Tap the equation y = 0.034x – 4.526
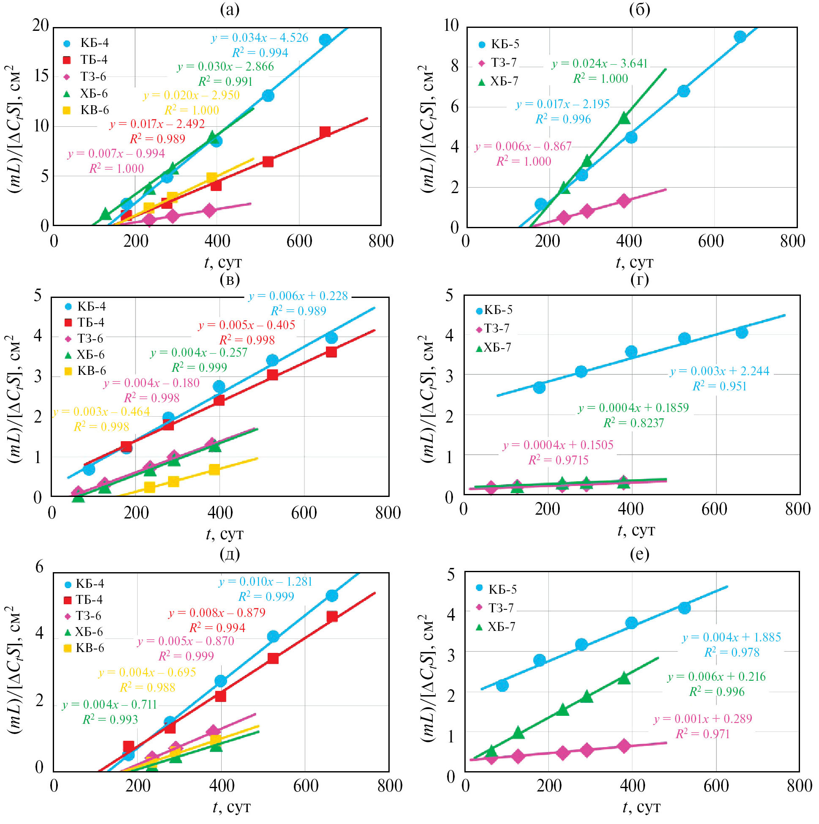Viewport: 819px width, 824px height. [260, 38]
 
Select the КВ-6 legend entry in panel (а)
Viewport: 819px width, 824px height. [87, 110]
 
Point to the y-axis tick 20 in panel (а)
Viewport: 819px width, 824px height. [41, 26]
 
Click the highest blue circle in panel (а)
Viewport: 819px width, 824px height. [325, 40]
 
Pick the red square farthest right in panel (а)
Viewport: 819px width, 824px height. [325, 132]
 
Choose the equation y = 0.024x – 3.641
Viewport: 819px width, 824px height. [599, 64]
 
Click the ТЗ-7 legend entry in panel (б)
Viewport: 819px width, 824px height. [497, 63]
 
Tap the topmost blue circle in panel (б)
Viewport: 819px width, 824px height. [740, 37]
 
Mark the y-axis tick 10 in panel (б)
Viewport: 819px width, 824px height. [451, 26]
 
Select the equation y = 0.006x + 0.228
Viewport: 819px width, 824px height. [298, 296]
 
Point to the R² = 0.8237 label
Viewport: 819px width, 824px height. [633, 423]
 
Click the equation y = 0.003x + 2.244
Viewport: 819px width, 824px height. [720, 371]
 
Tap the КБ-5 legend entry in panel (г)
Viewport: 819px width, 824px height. [494, 310]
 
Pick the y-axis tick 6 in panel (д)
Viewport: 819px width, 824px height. [40, 566]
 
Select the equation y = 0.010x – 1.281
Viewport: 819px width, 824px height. [266, 581]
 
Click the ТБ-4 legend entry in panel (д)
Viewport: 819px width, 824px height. [84, 600]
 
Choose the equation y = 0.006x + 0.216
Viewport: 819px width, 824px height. [717, 677]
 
